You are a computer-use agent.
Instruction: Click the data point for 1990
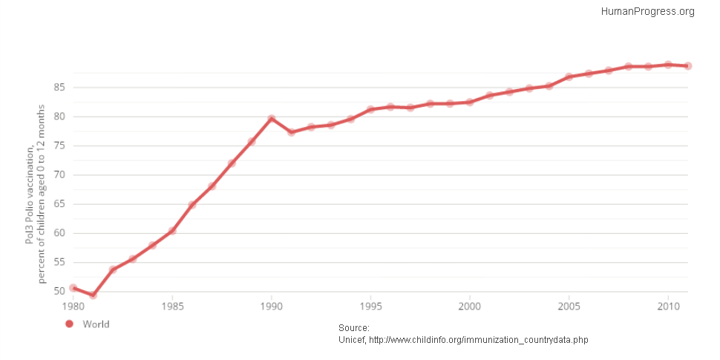coord(272,119)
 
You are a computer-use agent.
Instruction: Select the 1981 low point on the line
coord(93,295)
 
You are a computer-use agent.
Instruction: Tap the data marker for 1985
coord(172,230)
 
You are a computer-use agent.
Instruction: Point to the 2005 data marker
coord(569,77)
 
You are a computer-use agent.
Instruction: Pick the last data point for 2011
coord(688,66)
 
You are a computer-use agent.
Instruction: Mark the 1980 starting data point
coord(73,288)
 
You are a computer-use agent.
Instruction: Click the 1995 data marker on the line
coord(370,109)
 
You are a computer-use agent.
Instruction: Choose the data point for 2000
coord(470,102)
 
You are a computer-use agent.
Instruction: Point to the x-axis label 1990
coord(272,305)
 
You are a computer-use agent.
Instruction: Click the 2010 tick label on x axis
coord(668,305)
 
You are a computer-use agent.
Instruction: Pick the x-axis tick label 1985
coord(172,305)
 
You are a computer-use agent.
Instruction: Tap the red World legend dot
coord(70,324)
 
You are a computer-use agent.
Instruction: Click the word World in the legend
coord(96,324)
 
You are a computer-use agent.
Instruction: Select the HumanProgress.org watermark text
coord(647,11)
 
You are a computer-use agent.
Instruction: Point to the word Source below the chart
coord(353,328)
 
